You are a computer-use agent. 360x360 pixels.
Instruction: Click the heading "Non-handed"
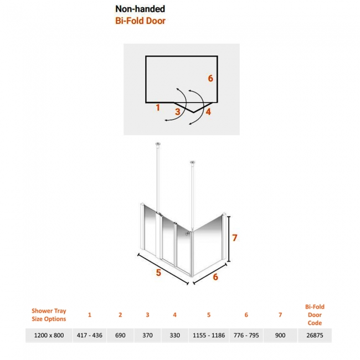pyautogui.click(x=140, y=9)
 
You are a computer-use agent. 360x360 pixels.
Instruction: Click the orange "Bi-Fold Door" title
pyautogui.click(x=140, y=21)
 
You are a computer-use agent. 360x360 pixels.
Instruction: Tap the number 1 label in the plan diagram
pyautogui.click(x=158, y=107)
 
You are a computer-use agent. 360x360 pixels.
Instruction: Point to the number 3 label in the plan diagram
pyautogui.click(x=177, y=112)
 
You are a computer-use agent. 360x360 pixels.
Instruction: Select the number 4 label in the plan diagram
pyautogui.click(x=208, y=112)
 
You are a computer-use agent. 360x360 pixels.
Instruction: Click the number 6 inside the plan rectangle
pyautogui.click(x=210, y=78)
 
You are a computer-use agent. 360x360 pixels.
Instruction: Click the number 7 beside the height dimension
pyautogui.click(x=234, y=238)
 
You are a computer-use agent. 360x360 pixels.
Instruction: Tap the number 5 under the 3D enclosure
pyautogui.click(x=158, y=272)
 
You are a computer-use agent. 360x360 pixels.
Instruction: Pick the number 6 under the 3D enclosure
pyautogui.click(x=215, y=277)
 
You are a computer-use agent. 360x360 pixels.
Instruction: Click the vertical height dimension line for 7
pyautogui.click(x=229, y=239)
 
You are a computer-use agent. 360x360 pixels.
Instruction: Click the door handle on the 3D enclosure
pyautogui.click(x=188, y=234)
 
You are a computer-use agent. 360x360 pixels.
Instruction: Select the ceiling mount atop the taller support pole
pyautogui.click(x=158, y=144)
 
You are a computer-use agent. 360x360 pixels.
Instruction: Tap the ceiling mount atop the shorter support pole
pyautogui.click(x=193, y=162)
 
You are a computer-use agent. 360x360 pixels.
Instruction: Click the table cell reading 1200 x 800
pyautogui.click(x=49, y=336)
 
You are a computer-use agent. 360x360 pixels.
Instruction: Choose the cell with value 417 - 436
pyautogui.click(x=90, y=336)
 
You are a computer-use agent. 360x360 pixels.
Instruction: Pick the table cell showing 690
pyautogui.click(x=120, y=336)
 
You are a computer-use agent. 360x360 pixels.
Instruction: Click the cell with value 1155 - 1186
pyautogui.click(x=209, y=336)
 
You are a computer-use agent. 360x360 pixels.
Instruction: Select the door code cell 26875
pyautogui.click(x=315, y=336)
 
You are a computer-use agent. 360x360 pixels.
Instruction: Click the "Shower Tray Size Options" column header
pyautogui.click(x=49, y=315)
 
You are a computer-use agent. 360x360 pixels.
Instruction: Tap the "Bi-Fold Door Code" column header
pyautogui.click(x=315, y=315)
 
